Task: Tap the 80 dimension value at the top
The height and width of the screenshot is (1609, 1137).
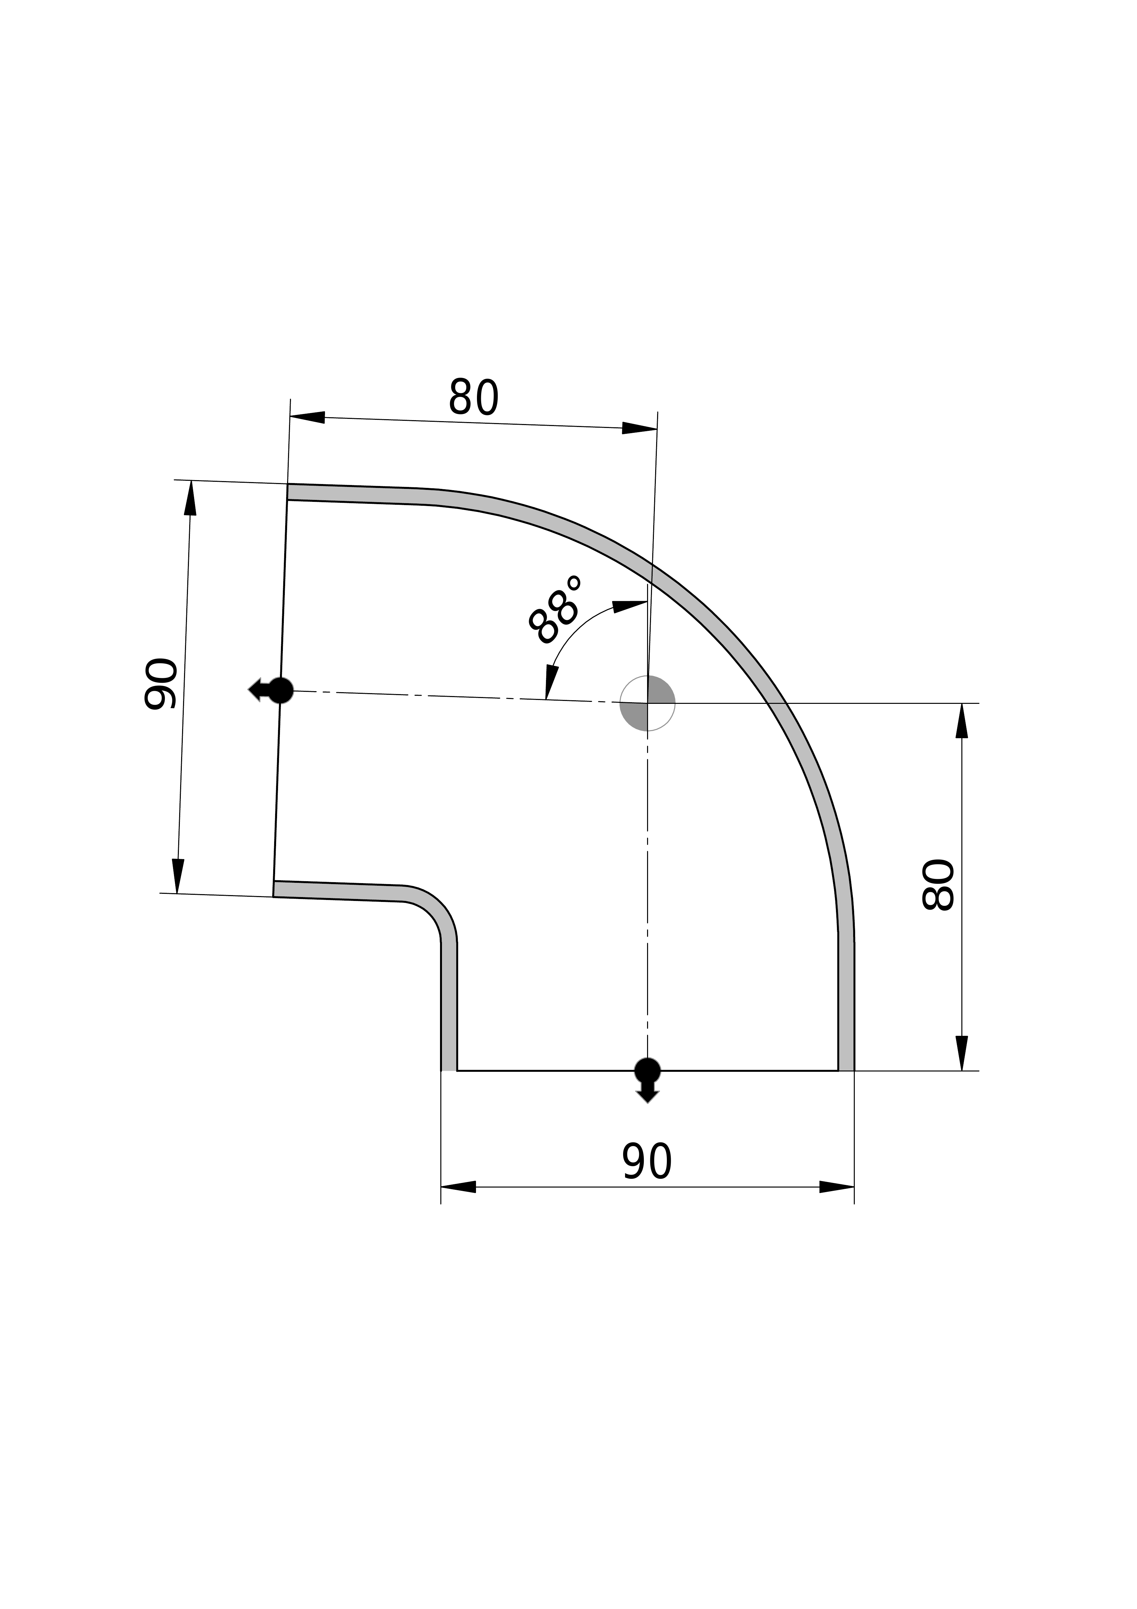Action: (474, 397)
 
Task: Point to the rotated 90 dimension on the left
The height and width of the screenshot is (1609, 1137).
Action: (160, 684)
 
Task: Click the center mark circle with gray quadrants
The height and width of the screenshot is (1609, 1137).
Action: (647, 703)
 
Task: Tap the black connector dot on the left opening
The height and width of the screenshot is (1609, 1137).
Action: (281, 690)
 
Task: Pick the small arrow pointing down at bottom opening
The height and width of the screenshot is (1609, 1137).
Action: (647, 1093)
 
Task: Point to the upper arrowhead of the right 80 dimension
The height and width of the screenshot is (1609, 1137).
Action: (962, 720)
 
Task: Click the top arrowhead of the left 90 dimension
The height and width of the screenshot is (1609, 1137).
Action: (190, 498)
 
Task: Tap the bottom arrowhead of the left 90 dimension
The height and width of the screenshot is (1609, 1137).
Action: (178, 876)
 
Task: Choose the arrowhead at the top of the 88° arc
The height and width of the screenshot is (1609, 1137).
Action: (630, 606)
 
